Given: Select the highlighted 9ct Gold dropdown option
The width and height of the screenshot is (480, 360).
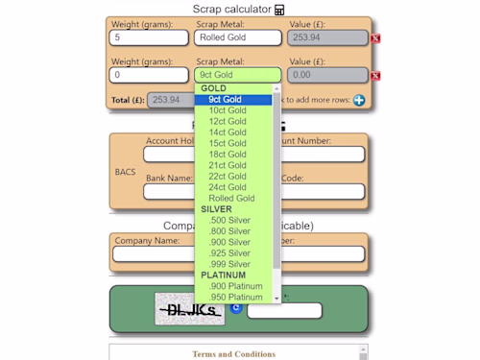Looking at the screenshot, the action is (x=226, y=100).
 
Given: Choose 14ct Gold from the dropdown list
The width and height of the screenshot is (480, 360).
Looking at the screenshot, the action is (x=228, y=132).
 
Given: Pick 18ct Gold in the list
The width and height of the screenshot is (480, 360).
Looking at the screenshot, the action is (x=228, y=155).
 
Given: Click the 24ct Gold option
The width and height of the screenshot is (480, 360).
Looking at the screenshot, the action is (x=228, y=187).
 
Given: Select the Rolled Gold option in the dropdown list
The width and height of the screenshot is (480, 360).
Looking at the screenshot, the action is (x=231, y=199).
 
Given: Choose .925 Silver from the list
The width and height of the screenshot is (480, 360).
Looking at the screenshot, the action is (x=229, y=253).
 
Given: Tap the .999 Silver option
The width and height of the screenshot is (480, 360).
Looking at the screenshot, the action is (x=229, y=264).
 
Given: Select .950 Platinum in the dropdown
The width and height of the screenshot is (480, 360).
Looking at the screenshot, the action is (x=235, y=298).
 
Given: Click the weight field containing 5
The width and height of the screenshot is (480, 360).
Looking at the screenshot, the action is (x=150, y=38).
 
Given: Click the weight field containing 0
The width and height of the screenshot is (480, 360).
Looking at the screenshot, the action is (x=150, y=75).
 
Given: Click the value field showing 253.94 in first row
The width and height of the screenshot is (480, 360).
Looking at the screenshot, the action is (x=326, y=38).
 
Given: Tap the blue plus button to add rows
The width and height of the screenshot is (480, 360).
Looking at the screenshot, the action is (x=359, y=100).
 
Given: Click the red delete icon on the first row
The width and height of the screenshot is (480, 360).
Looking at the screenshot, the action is (x=375, y=38).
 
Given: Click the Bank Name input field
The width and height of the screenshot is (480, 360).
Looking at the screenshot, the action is (x=168, y=191).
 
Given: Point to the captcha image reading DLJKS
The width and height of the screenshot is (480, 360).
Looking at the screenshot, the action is (x=189, y=309).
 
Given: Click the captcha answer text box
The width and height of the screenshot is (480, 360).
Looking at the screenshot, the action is (x=284, y=311).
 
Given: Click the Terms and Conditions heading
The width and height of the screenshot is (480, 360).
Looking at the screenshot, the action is (x=234, y=354).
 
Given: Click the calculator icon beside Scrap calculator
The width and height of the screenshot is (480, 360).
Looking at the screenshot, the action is (x=279, y=10).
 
